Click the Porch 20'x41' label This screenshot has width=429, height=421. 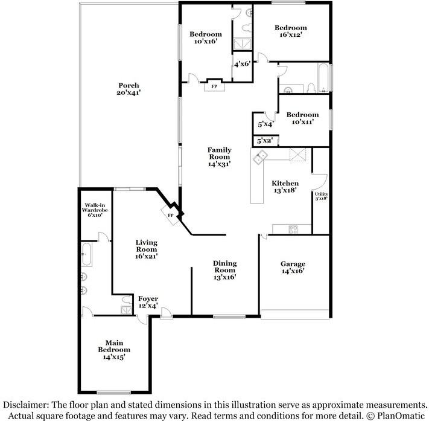tap(129, 89)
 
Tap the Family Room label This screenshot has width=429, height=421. tap(220, 157)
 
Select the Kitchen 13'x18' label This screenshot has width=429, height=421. tap(285, 187)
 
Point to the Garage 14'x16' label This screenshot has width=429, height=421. tap(293, 268)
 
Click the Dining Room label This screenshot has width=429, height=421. tap(224, 270)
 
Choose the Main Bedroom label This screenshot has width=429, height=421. tap(114, 350)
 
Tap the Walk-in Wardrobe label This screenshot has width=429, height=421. tap(95, 210)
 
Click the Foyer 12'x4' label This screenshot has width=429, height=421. tap(148, 302)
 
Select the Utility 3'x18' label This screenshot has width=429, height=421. tap(321, 196)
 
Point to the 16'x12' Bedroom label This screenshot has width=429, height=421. tap(291, 31)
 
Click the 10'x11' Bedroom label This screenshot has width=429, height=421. tap(302, 118)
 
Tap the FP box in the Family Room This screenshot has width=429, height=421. tap(215, 86)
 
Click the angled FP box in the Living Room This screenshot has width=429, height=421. tap(170, 215)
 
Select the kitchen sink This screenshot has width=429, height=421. tap(260, 157)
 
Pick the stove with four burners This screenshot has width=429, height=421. tap(293, 230)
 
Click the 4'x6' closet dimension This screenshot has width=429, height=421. tap(243, 64)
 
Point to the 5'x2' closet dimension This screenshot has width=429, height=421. tap(264, 141)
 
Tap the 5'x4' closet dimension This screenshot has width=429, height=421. tap(265, 124)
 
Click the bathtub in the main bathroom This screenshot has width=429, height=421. tap(86, 254)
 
